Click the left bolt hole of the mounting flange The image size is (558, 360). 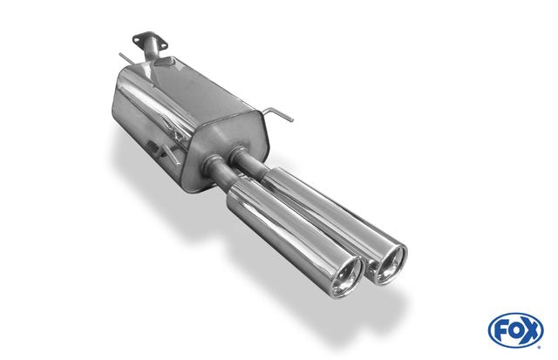(137, 38)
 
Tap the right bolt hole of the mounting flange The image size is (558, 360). (164, 46)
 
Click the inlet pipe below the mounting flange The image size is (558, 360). (151, 51)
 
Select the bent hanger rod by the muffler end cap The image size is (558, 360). (278, 113)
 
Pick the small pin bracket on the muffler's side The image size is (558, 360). (153, 146)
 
